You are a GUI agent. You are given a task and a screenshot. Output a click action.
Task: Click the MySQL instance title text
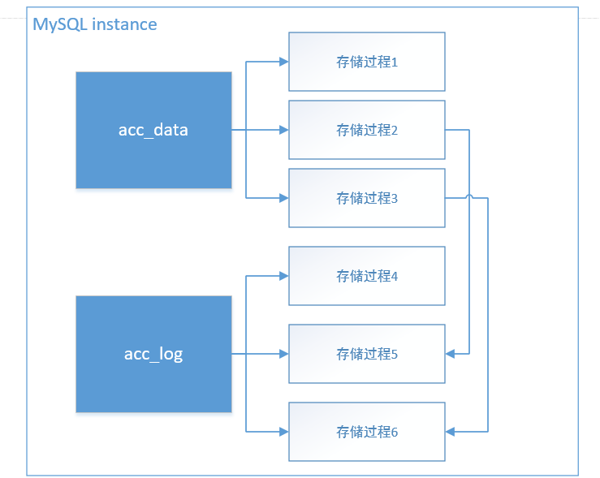point(94,24)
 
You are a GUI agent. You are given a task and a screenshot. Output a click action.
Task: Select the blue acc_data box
point(153,130)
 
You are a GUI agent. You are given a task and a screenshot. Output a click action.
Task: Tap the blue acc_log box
point(153,354)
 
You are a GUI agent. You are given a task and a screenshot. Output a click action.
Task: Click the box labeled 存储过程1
point(366,62)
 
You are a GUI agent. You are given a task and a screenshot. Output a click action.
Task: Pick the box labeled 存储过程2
point(366,130)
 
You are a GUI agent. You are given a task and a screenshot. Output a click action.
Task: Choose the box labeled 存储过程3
point(366,198)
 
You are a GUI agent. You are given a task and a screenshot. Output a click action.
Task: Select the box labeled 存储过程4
point(366,276)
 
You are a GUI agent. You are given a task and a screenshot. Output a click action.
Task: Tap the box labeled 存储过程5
point(366,354)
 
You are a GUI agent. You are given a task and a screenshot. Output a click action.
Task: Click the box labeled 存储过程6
point(366,432)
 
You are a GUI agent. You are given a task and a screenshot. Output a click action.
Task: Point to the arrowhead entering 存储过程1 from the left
point(283,62)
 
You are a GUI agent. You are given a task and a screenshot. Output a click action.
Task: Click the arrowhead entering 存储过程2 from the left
point(283,130)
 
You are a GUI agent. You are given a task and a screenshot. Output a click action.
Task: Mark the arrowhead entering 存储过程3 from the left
point(283,198)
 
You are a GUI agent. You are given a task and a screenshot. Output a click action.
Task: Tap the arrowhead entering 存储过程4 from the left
point(283,276)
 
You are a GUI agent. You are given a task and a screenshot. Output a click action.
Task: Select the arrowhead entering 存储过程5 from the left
point(283,354)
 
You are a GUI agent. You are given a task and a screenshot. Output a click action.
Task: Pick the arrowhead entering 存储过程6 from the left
point(283,432)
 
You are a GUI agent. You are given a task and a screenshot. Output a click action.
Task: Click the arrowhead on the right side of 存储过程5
point(451,354)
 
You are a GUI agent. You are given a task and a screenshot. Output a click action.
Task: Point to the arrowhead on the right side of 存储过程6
point(451,432)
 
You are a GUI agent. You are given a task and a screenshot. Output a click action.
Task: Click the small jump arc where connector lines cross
point(470,197)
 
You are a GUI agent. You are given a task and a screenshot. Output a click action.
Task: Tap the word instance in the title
point(124,24)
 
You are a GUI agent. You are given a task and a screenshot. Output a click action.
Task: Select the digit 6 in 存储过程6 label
point(394,433)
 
